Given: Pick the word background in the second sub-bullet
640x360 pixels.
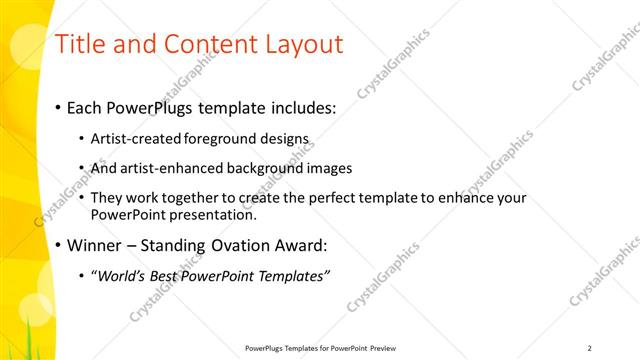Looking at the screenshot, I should pos(269,168).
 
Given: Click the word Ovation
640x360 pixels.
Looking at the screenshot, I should pos(243,245).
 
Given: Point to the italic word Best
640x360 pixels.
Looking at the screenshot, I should pos(166,276).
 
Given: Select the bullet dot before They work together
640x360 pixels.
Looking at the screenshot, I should pos(81,198).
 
